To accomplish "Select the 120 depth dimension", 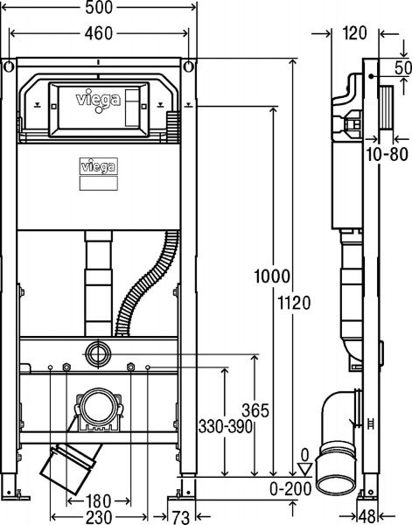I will click(x=354, y=34).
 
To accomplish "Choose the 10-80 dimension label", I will click(x=386, y=154).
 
